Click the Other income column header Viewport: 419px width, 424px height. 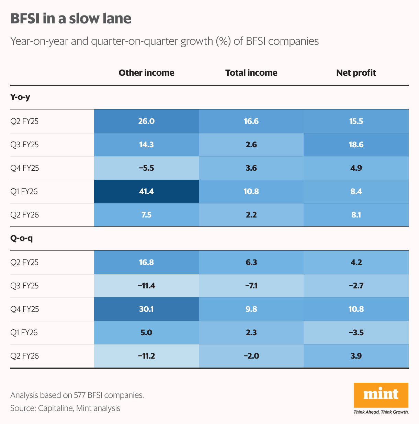pos(146,73)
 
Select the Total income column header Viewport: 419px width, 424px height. pos(251,73)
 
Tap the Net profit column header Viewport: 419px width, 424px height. pos(356,73)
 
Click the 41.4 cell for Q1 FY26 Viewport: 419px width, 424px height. pos(146,191)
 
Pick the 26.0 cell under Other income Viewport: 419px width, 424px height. pos(146,121)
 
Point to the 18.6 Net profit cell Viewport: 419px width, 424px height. pos(356,145)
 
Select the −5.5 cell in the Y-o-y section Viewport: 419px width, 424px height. pos(146,168)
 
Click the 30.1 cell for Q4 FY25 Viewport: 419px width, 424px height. pos(146,309)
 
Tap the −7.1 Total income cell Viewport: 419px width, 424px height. pos(251,286)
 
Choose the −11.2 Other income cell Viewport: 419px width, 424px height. pos(146,356)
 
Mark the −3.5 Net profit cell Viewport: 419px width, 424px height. pos(356,332)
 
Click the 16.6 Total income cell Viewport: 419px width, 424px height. pos(251,121)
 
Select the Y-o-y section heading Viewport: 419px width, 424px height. pos(20,97)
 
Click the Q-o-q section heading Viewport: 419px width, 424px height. pos(21,238)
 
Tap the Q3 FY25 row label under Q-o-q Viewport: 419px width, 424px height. pos(24,286)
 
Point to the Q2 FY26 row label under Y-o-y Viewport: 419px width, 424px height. pos(24,215)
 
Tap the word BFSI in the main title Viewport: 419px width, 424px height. pos(25,19)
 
